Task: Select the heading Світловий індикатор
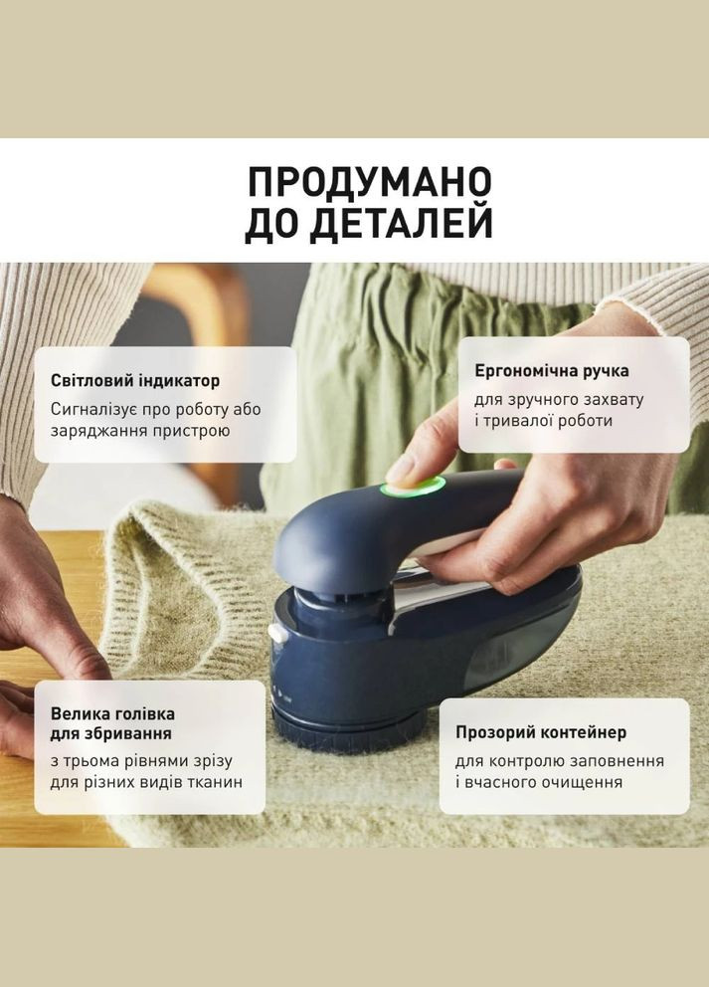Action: coord(135,380)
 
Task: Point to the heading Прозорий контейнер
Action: coord(541,732)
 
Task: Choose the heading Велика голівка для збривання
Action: coord(112,723)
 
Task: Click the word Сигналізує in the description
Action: coord(92,409)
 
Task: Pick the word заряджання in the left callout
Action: coord(97,431)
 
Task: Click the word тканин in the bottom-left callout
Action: coord(215,782)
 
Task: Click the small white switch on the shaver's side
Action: coord(275,632)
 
